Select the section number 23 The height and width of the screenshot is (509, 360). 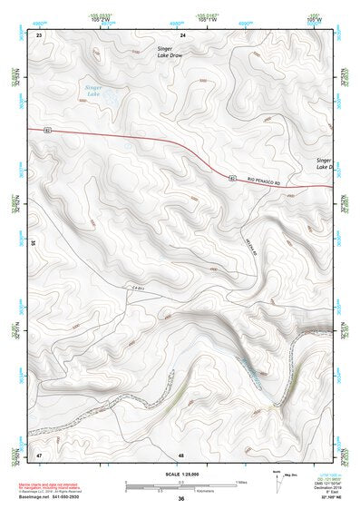pyautogui.click(x=39, y=34)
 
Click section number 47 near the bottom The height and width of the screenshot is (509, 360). pyautogui.click(x=39, y=453)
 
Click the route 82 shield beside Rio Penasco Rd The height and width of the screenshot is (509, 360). pyautogui.click(x=234, y=176)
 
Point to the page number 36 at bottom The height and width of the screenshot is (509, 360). pyautogui.click(x=181, y=499)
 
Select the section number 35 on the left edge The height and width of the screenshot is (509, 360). pyautogui.click(x=32, y=243)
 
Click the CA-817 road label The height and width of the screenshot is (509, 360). pyautogui.click(x=138, y=288)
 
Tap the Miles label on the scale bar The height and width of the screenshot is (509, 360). pyautogui.click(x=241, y=481)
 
